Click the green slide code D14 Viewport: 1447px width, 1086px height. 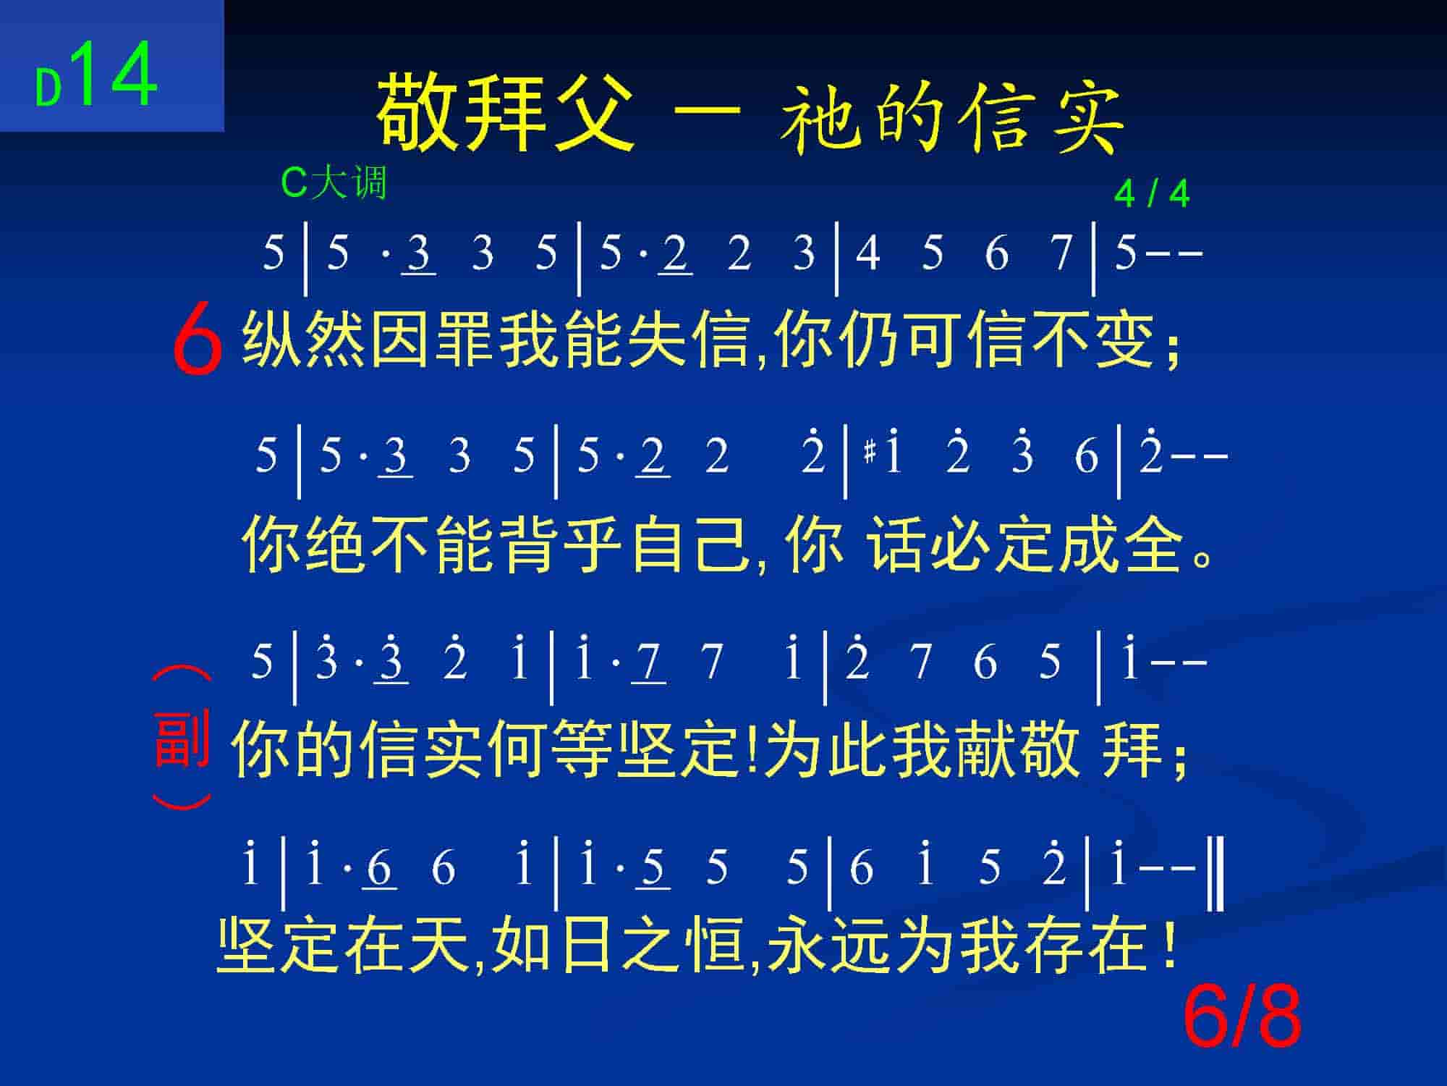(x=96, y=75)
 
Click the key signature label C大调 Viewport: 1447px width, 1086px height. (x=334, y=182)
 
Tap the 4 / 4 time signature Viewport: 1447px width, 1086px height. (x=1152, y=194)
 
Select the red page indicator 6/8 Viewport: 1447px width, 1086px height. (x=1242, y=1019)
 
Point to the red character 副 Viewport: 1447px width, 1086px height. (x=182, y=739)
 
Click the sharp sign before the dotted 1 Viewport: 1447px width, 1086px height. (x=870, y=453)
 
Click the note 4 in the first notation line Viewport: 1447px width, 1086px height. (x=867, y=253)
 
